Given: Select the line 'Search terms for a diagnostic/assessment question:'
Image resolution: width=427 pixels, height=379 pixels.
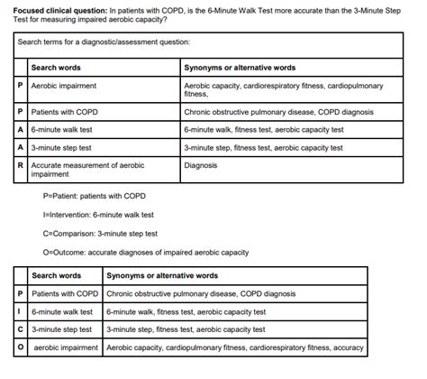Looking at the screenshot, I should pos(104,42).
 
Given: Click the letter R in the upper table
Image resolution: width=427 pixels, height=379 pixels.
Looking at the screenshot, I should pos(21,165).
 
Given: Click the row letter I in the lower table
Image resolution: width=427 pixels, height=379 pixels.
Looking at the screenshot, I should pos(21,310).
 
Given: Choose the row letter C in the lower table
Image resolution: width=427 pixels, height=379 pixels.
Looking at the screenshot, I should pos(21,328).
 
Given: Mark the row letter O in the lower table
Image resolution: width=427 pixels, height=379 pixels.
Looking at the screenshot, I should pos(21,347).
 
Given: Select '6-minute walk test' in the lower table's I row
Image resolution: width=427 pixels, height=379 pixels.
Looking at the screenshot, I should pos(60,310).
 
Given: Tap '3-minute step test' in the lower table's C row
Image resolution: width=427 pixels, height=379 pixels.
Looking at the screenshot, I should pos(61,328).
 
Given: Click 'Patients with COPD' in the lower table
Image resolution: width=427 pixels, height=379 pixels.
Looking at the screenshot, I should pos(64,293).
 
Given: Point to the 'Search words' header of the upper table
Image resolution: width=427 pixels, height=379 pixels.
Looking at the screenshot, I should pos(56,68).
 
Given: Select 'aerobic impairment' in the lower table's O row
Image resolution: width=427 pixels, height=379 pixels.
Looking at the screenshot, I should pos(66,347).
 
